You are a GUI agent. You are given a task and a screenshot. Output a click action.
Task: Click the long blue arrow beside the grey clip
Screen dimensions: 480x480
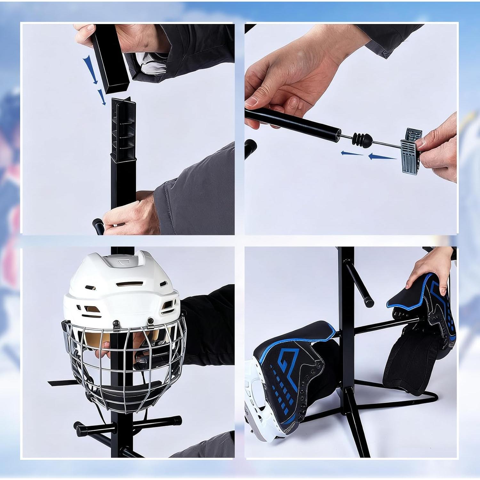[382, 157]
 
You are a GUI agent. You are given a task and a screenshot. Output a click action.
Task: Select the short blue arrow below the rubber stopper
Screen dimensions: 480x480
[352, 153]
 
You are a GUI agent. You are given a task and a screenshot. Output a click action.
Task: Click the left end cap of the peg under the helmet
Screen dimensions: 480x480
[78, 426]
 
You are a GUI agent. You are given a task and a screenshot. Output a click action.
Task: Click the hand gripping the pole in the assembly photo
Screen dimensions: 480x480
[134, 211]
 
